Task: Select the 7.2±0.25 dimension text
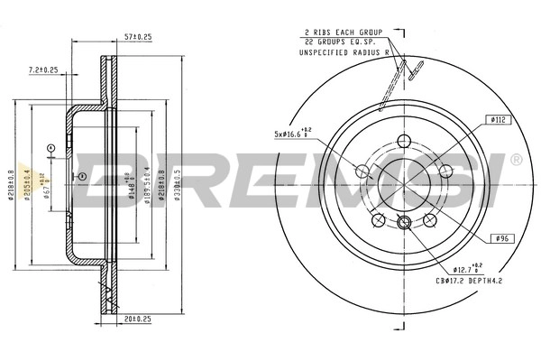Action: [43, 69]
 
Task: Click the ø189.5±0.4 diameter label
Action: [147, 180]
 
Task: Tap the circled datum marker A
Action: [51, 147]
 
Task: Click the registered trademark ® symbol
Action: [516, 160]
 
